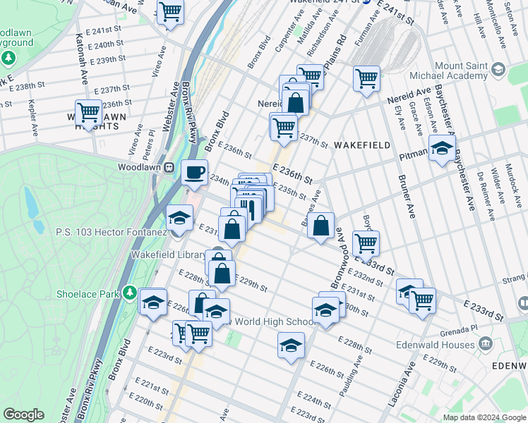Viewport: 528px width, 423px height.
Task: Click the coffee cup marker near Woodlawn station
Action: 195,172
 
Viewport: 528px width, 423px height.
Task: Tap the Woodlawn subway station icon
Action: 169,167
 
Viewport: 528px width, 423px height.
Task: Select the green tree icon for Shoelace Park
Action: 129,292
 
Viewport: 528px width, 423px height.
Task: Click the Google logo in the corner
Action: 23,415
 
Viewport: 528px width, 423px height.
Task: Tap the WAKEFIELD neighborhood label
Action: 361,145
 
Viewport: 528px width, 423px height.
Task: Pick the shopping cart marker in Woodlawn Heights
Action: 89,113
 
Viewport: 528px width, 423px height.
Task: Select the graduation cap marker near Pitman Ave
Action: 442,148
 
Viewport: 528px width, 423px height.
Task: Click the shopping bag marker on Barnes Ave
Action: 320,226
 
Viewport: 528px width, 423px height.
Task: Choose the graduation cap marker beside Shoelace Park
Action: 152,302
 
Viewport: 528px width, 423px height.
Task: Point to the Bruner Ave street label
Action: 407,194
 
